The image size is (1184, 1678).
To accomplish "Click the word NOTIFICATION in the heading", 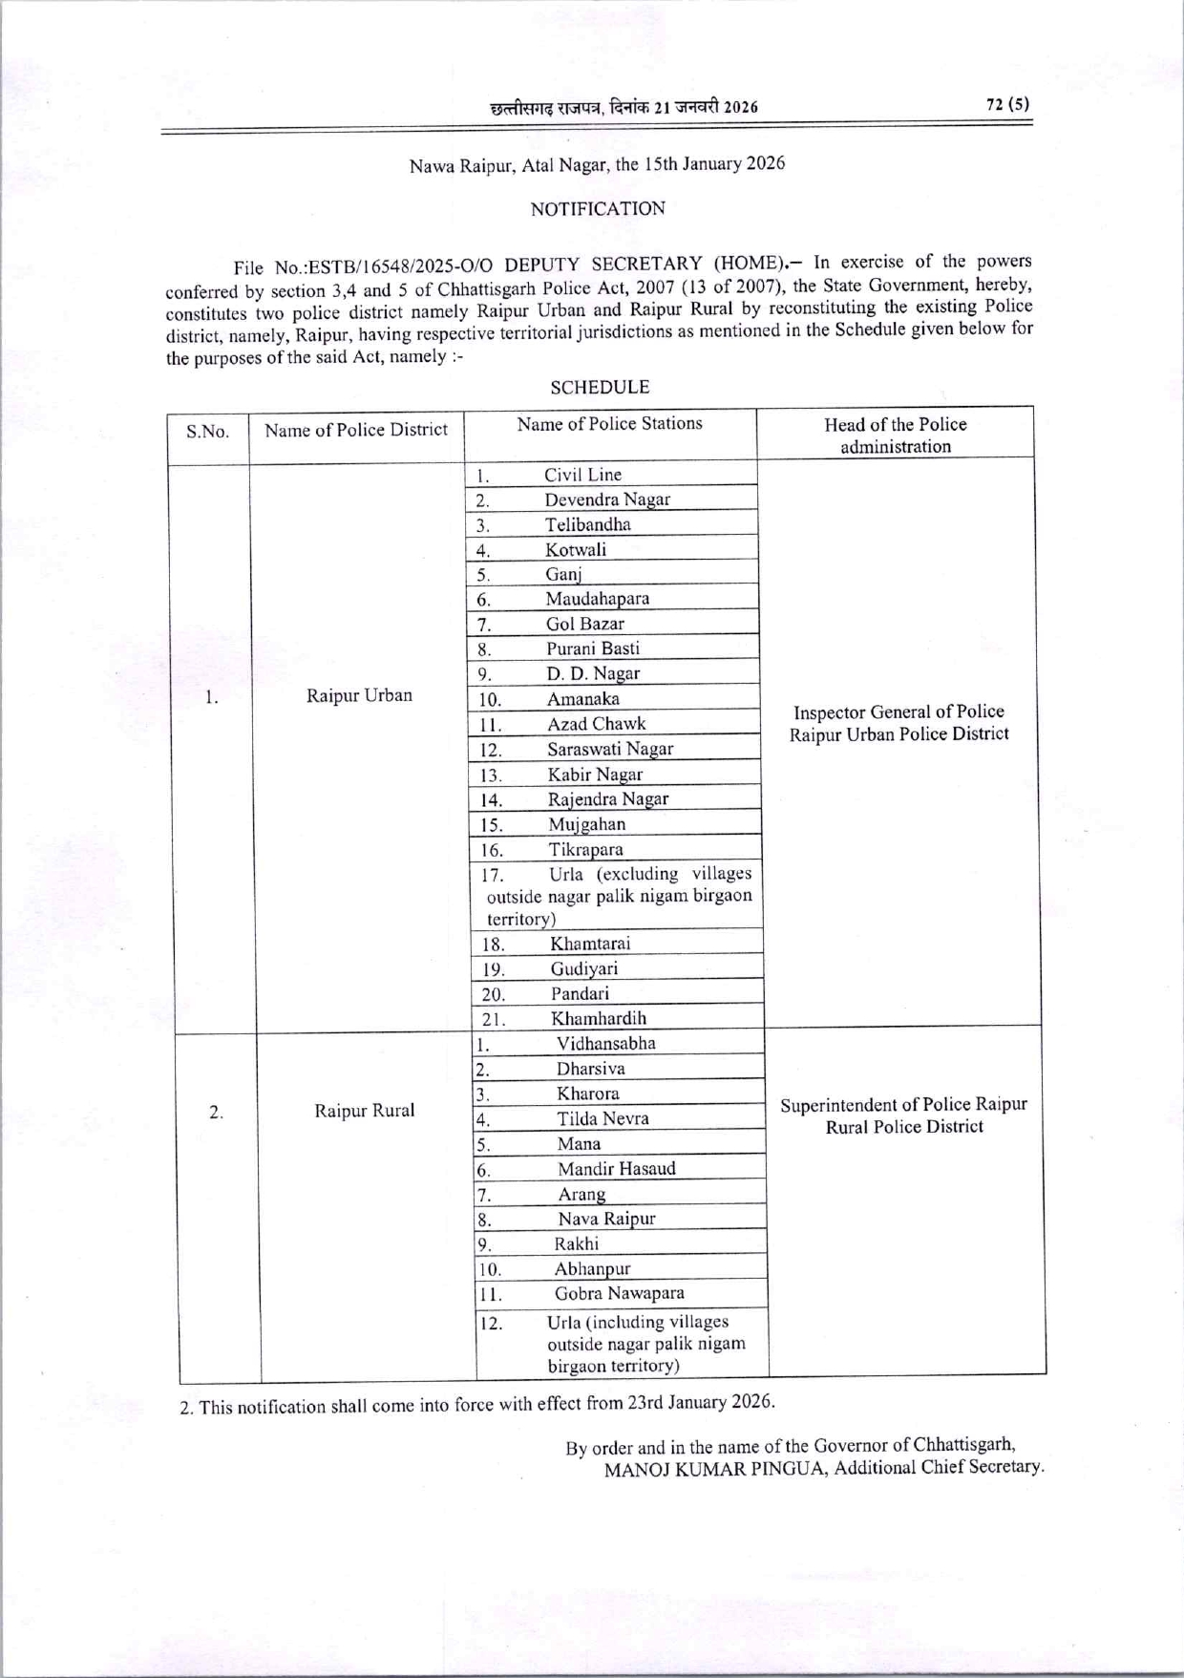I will (598, 208).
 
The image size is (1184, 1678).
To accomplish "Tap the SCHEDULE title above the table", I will (600, 387).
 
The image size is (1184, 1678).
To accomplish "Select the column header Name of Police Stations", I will (609, 423).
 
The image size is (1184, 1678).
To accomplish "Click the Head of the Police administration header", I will (895, 435).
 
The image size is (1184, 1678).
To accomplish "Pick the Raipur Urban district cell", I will (359, 694).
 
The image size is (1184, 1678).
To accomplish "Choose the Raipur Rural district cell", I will (365, 1110).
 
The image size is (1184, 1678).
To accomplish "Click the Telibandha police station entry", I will (587, 524).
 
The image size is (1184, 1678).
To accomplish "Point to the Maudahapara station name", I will (597, 599).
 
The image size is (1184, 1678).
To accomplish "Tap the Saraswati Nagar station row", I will (609, 749).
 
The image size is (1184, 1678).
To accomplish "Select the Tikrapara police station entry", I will (585, 849).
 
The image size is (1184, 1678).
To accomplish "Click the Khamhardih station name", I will (598, 1018).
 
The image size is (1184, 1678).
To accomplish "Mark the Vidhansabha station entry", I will (606, 1043).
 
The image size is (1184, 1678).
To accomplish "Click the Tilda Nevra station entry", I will (603, 1118).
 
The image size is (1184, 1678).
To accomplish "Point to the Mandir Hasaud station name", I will (616, 1168).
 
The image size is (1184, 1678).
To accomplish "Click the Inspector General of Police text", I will (899, 712).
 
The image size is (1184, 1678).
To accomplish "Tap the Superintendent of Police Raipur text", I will (903, 1105).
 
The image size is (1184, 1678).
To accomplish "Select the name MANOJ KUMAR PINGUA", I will (715, 1469).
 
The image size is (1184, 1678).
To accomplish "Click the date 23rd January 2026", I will (700, 1402).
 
